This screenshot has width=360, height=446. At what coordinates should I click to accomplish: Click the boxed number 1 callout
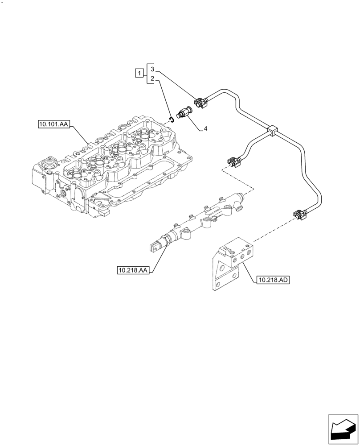pos(139,73)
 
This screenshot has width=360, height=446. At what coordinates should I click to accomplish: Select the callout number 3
pos(152,69)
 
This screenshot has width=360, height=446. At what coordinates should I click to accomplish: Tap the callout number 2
pos(152,78)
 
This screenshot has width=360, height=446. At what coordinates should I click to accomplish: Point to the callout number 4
pos(205,129)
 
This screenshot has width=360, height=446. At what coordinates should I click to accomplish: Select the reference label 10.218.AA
pos(133,270)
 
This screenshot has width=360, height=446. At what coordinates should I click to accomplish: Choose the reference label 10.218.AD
pos(273,280)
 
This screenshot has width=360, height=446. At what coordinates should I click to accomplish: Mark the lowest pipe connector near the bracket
pos(298,216)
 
